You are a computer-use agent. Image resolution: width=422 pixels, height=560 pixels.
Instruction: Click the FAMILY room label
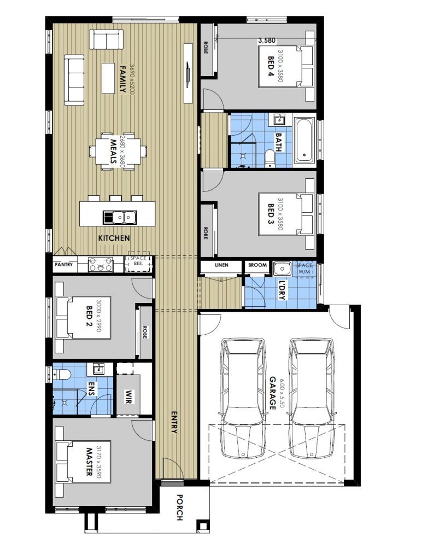(123, 79)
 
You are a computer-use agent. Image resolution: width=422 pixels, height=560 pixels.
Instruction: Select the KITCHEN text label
(114, 238)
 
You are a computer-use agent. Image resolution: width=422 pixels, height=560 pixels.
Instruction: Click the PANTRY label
(63, 265)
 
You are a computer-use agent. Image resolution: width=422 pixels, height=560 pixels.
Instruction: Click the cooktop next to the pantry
(101, 265)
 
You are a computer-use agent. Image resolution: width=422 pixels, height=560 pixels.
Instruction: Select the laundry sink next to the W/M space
(282, 269)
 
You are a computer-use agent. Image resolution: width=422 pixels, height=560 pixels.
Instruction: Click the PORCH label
(180, 507)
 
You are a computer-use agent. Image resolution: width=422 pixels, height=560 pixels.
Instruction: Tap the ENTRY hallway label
(174, 422)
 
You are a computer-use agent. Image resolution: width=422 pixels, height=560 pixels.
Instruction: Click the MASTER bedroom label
(88, 463)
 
